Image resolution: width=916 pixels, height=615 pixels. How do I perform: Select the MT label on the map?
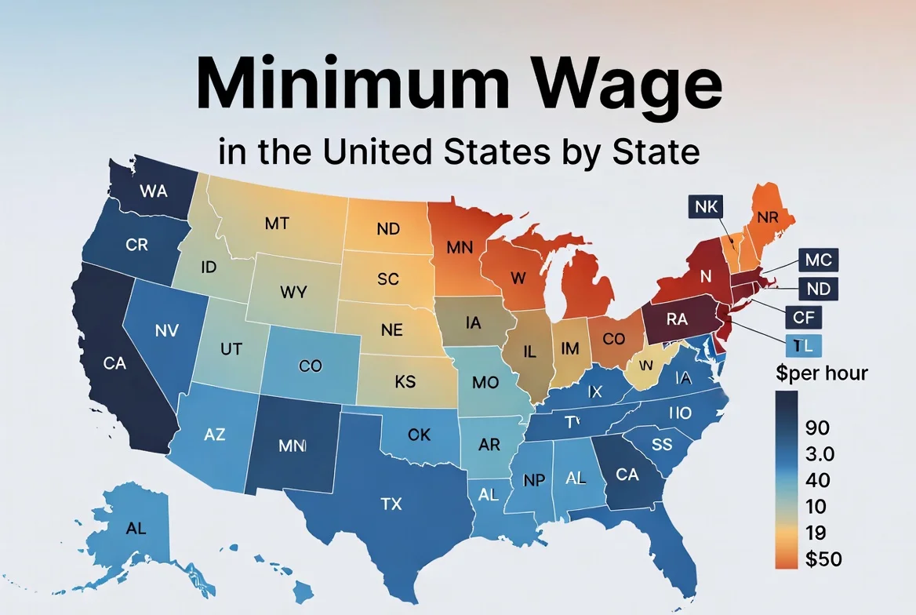[277, 224]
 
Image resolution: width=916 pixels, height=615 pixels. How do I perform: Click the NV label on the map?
[167, 330]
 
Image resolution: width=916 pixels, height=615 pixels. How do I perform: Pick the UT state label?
[231, 350]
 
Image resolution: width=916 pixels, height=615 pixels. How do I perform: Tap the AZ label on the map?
[214, 433]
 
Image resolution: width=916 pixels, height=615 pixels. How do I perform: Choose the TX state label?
[391, 504]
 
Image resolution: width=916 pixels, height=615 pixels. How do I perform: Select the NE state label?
[391, 330]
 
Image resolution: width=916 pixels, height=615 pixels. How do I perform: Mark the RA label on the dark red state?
[677, 319]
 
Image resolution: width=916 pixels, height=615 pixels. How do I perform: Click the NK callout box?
[707, 207]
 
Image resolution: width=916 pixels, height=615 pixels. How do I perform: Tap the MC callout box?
[818, 259]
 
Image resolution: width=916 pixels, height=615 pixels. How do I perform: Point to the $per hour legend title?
[822, 373]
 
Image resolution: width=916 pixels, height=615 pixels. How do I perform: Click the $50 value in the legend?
[823, 559]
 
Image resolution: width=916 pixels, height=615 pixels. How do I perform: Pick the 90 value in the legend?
[818, 428]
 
